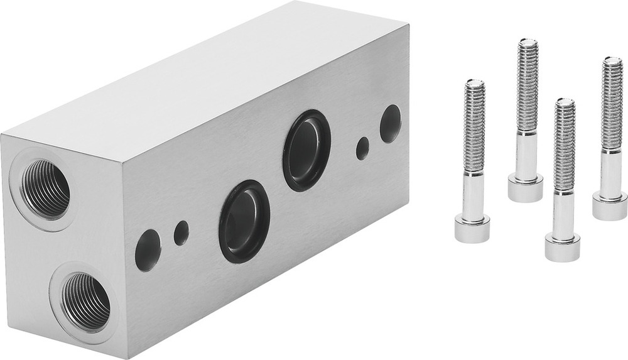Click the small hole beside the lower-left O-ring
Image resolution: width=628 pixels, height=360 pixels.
(181, 233)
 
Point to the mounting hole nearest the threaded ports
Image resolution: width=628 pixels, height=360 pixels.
(148, 250)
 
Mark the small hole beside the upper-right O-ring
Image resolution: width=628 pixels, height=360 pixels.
(362, 148)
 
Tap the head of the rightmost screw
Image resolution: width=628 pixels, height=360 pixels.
(609, 205)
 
